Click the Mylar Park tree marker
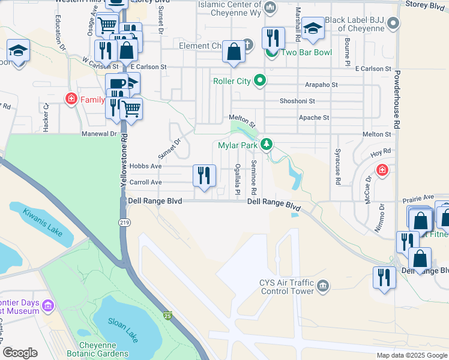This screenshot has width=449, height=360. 268,145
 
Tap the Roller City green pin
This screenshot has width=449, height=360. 260,80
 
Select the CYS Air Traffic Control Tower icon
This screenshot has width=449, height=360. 323,284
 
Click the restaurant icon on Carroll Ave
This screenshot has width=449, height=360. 204,176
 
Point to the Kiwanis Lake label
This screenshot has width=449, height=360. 43,222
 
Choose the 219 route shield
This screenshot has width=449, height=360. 124,223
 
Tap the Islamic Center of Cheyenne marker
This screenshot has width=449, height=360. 270,8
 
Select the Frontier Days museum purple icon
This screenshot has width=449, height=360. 48,307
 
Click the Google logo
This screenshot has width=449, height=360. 20,353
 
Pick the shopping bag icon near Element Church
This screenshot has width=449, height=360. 234,52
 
